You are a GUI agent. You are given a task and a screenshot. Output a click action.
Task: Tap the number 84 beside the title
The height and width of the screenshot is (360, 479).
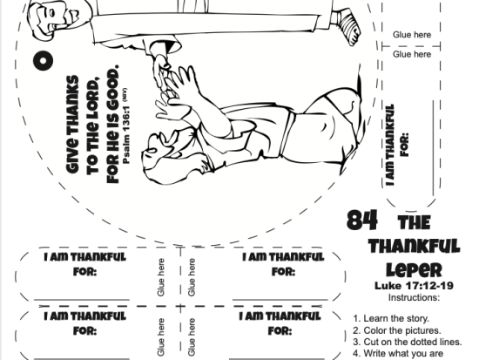(362, 220)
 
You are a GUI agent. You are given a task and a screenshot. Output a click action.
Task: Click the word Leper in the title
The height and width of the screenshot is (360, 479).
(415, 269)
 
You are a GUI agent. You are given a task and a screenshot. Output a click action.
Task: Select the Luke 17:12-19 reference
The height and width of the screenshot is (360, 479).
(414, 286)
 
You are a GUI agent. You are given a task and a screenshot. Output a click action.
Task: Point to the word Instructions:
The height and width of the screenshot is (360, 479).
(414, 297)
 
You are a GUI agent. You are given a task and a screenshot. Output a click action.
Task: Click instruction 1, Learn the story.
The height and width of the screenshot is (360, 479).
(391, 318)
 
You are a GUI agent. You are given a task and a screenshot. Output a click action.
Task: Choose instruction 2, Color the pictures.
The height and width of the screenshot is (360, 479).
(397, 330)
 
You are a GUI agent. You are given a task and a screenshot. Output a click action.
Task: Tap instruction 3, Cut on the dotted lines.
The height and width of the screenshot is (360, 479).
(408, 342)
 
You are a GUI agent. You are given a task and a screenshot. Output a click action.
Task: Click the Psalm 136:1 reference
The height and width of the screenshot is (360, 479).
(126, 135)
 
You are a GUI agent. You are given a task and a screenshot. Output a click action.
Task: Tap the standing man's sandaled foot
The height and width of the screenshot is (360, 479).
(350, 27)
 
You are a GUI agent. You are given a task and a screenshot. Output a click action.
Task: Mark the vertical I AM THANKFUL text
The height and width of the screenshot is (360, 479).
(389, 146)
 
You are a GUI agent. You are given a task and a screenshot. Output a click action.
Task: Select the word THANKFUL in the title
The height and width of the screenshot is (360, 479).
(414, 246)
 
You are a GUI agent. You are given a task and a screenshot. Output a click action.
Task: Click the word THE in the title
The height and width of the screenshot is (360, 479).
(415, 222)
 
